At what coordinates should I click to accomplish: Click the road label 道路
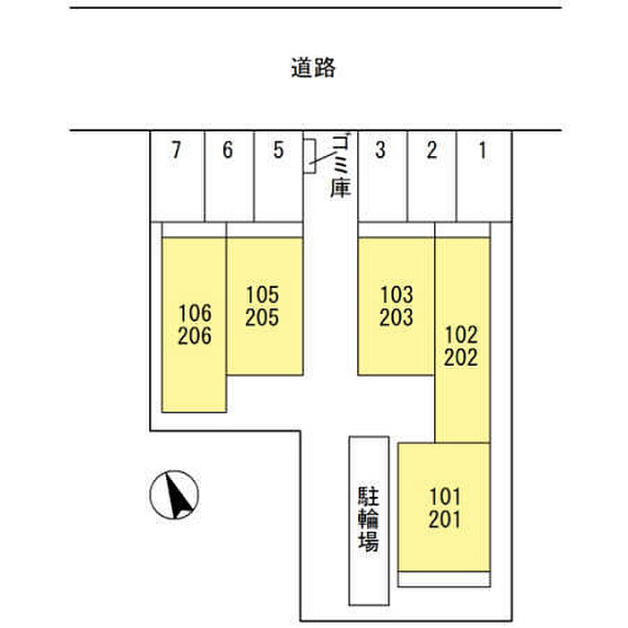[313, 67]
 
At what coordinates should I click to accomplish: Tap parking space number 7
[176, 150]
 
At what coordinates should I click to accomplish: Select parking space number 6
[228, 150]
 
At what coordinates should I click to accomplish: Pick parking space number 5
[278, 150]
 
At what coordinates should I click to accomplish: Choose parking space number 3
[380, 150]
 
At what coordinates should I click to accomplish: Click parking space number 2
[432, 150]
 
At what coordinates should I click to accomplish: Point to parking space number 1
[483, 150]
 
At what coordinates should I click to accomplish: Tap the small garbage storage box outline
[310, 156]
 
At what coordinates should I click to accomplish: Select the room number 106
[195, 313]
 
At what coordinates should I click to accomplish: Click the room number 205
[262, 318]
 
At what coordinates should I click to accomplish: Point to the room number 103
[397, 295]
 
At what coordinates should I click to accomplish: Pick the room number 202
[461, 357]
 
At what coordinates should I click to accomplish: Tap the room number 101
[445, 497]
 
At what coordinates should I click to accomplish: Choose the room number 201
[445, 519]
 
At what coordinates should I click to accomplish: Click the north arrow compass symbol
[174, 494]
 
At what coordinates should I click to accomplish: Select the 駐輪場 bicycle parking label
[369, 519]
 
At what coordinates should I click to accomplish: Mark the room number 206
[195, 336]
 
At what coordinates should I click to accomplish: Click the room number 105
[262, 295]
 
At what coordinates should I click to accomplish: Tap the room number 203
[397, 318]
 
